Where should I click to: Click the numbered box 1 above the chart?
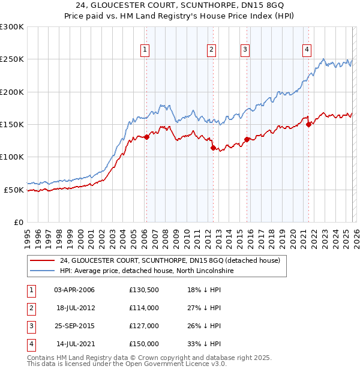click(x=146, y=50)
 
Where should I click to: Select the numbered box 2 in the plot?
click(x=212, y=50)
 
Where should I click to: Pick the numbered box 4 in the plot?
click(x=307, y=50)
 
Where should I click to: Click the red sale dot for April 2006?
click(x=146, y=137)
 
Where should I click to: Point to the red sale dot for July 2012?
click(x=212, y=148)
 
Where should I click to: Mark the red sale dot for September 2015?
click(x=247, y=139)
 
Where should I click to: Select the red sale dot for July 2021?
click(x=308, y=125)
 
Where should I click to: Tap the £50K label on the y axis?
click(x=14, y=190)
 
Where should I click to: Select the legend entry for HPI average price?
click(x=146, y=271)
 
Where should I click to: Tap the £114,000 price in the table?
click(x=144, y=308)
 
